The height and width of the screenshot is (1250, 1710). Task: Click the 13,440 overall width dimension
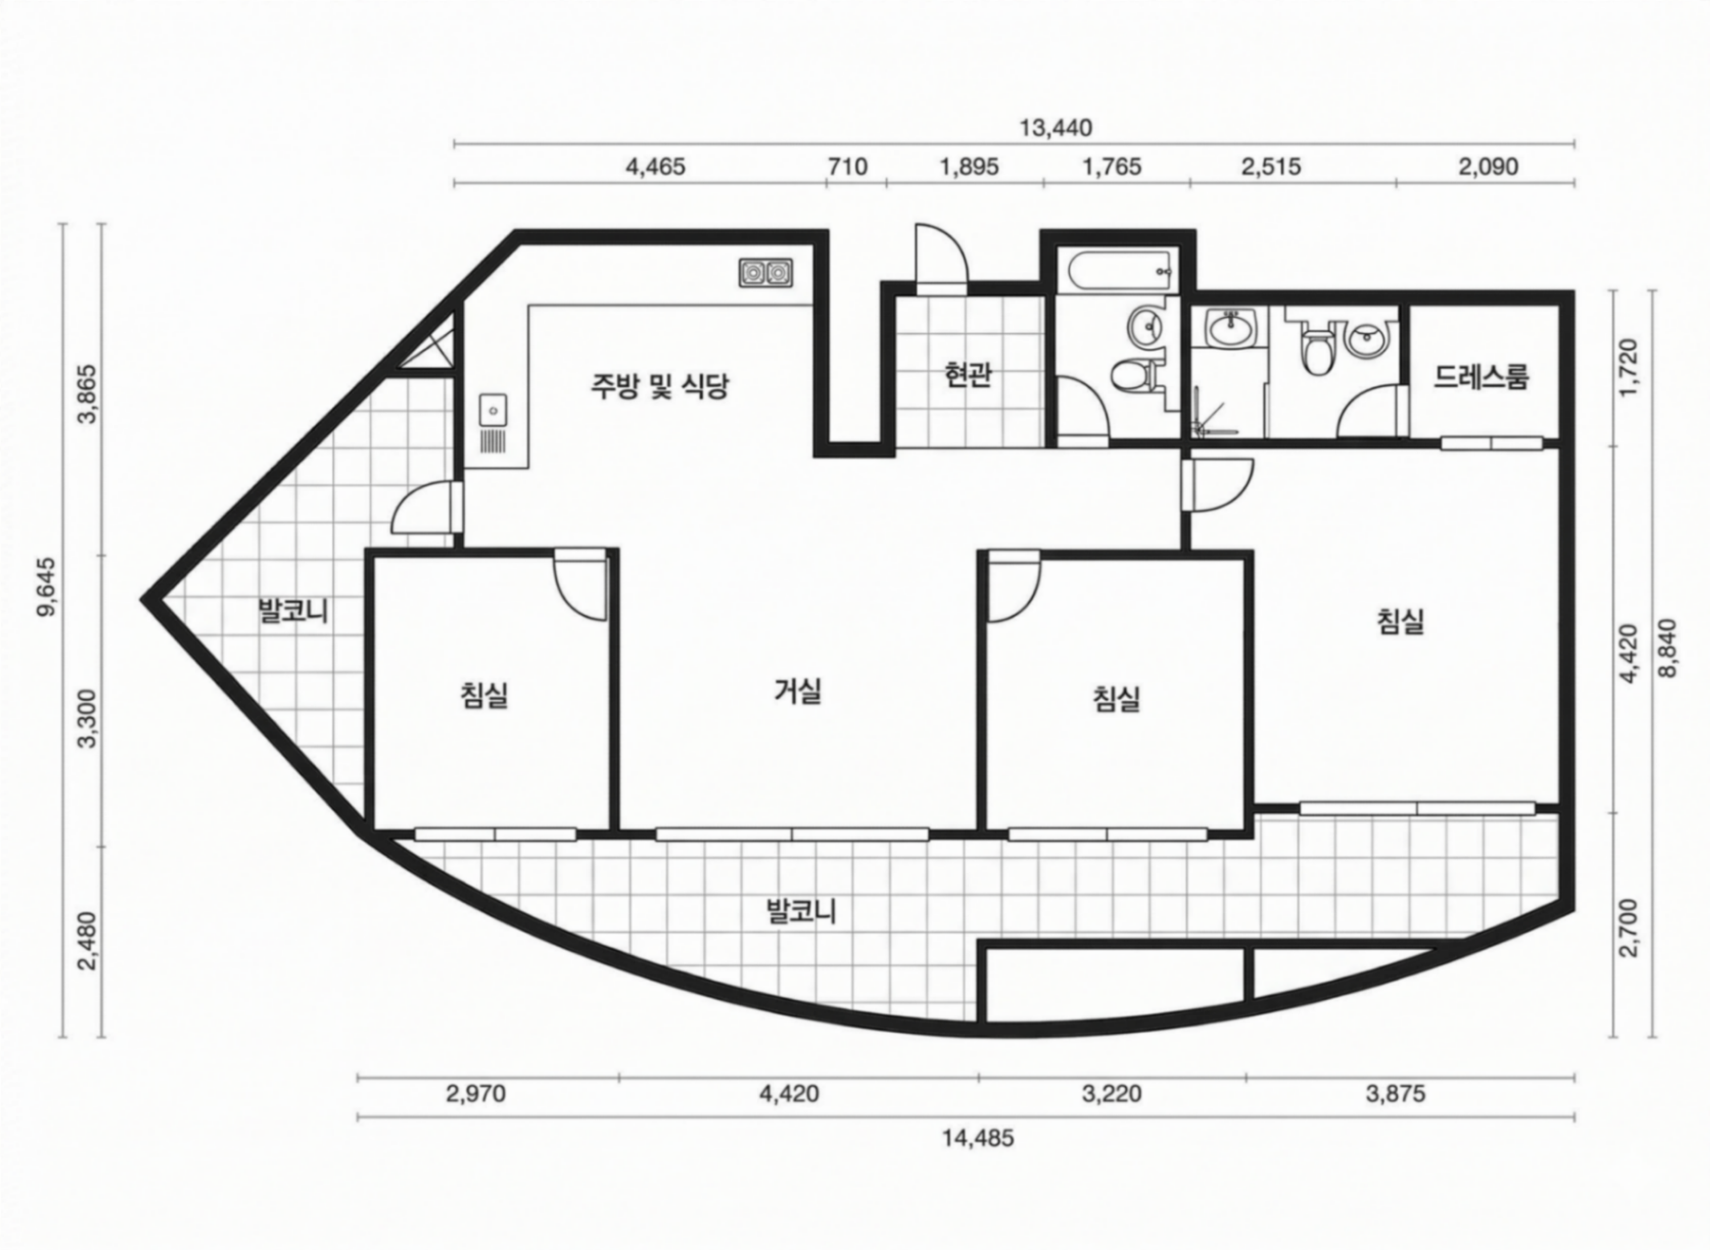click(x=1055, y=128)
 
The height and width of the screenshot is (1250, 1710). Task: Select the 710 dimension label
click(x=847, y=166)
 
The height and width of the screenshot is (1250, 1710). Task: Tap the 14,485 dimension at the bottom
click(x=977, y=1138)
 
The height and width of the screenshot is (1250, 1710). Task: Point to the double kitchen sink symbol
click(x=766, y=272)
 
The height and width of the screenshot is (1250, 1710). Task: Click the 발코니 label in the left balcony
click(x=294, y=611)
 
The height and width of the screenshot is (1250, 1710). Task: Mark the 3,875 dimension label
click(x=1396, y=1093)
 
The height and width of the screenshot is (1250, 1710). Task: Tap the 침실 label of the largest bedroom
click(x=1401, y=621)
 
